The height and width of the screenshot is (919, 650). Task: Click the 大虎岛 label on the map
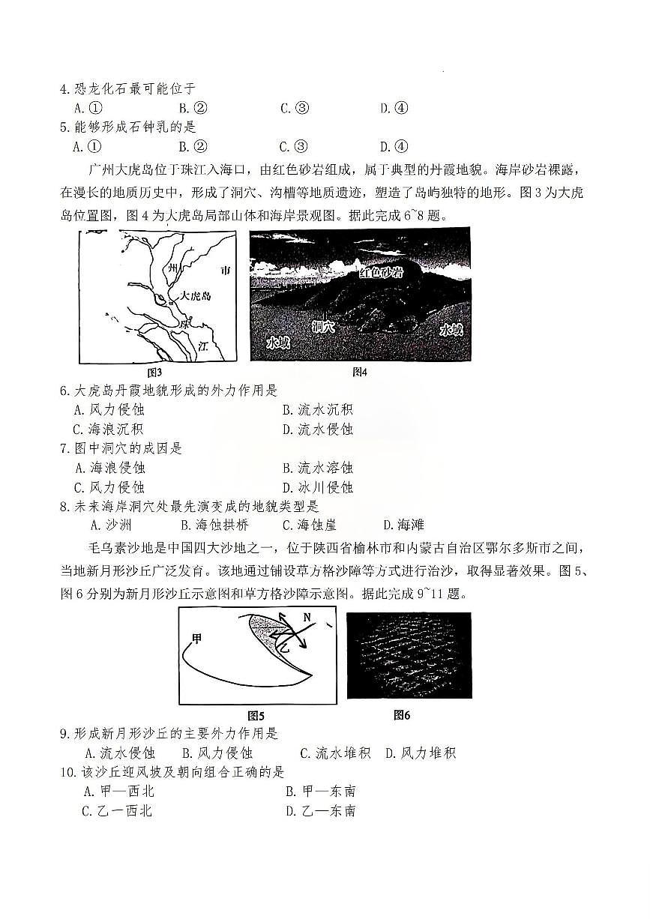pos(196,296)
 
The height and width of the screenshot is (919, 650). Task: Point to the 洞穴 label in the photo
pos(323,326)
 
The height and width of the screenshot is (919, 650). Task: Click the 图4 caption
pos(360,372)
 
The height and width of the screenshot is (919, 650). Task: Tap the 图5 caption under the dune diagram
pos(256,715)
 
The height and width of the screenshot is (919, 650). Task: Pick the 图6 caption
pos(402,714)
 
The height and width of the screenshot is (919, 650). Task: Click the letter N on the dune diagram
pos(307,618)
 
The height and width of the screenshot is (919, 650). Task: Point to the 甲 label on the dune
pos(197,639)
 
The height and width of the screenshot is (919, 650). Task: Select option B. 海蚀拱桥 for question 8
pos(214,525)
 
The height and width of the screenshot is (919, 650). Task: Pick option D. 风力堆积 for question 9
pos(421,753)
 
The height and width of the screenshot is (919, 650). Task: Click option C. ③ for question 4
pos(295,108)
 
